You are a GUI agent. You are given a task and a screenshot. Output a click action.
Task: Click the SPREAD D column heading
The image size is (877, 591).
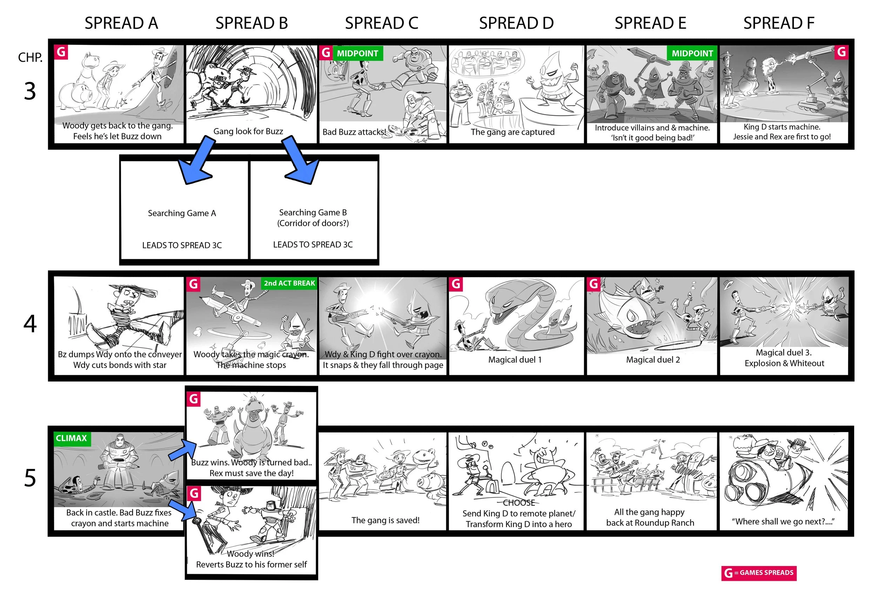(x=516, y=23)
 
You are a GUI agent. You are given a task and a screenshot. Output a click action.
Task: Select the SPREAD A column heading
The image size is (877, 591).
(x=121, y=23)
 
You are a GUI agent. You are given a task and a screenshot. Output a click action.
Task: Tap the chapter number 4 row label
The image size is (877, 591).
(x=30, y=323)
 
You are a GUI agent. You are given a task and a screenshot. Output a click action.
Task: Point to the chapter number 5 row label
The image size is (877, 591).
(x=30, y=478)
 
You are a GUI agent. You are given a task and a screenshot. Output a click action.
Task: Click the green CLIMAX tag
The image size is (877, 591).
(x=72, y=438)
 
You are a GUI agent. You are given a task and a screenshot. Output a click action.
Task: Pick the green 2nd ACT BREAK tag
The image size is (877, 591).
(x=289, y=283)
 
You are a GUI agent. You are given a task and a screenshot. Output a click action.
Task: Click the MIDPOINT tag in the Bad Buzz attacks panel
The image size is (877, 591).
(x=357, y=53)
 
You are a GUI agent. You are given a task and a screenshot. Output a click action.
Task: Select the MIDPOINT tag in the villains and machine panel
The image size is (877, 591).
(x=692, y=53)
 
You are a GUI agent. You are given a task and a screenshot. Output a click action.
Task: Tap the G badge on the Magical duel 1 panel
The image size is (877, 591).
(x=456, y=284)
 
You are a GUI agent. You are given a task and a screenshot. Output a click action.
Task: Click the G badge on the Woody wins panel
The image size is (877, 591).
(x=194, y=493)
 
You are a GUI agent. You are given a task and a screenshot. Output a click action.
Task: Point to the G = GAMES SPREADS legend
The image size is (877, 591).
(x=759, y=573)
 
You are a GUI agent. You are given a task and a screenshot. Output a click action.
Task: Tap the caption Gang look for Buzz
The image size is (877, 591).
(x=248, y=131)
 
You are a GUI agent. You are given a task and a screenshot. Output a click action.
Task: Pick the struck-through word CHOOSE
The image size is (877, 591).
(x=519, y=503)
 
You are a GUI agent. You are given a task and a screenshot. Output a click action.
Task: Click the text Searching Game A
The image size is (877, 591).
(x=182, y=213)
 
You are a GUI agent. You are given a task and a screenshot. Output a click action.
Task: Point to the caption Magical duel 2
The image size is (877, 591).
(x=653, y=360)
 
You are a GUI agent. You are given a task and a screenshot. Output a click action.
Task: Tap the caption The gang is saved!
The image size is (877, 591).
(x=386, y=520)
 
